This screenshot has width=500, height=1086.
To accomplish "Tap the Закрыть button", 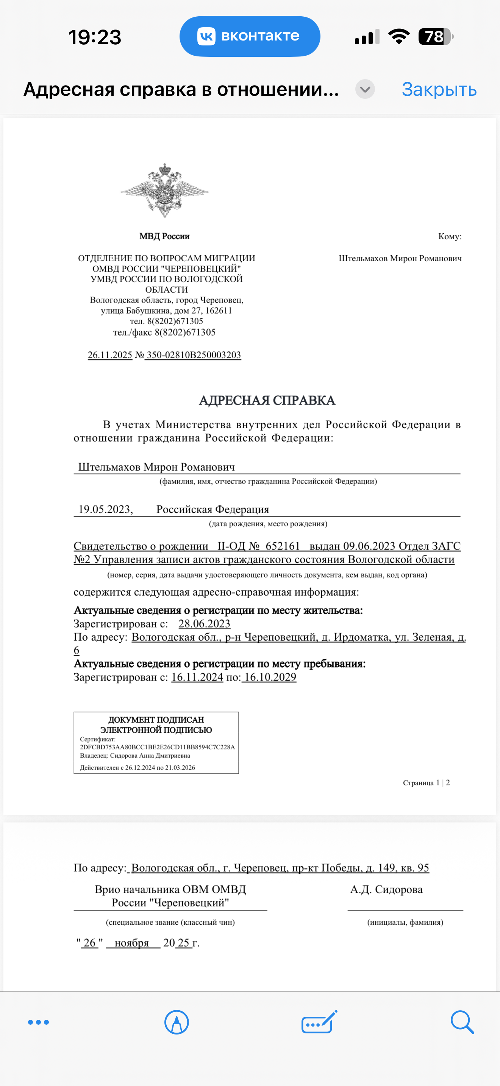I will click(439, 89).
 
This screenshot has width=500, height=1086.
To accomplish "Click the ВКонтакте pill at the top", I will click(250, 36).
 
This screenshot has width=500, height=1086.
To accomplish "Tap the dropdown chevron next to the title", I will click(365, 89).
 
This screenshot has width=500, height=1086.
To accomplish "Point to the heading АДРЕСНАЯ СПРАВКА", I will click(267, 400).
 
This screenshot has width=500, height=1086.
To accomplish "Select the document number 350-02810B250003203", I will click(194, 355).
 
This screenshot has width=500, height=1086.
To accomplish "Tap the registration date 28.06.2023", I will click(204, 624).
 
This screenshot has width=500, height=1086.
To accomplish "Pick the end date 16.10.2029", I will click(270, 677).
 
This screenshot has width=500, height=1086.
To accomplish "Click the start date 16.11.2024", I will click(197, 677).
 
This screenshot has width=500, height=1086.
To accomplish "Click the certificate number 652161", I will click(283, 546).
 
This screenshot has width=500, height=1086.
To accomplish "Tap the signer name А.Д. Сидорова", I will click(386, 889).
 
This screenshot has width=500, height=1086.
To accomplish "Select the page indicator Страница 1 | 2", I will click(426, 783).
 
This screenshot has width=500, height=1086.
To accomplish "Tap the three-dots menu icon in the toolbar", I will click(38, 1022).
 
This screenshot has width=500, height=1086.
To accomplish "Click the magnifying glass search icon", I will click(462, 1022).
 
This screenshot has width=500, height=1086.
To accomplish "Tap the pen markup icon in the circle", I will click(176, 1022).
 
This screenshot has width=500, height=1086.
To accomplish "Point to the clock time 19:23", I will click(95, 37).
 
